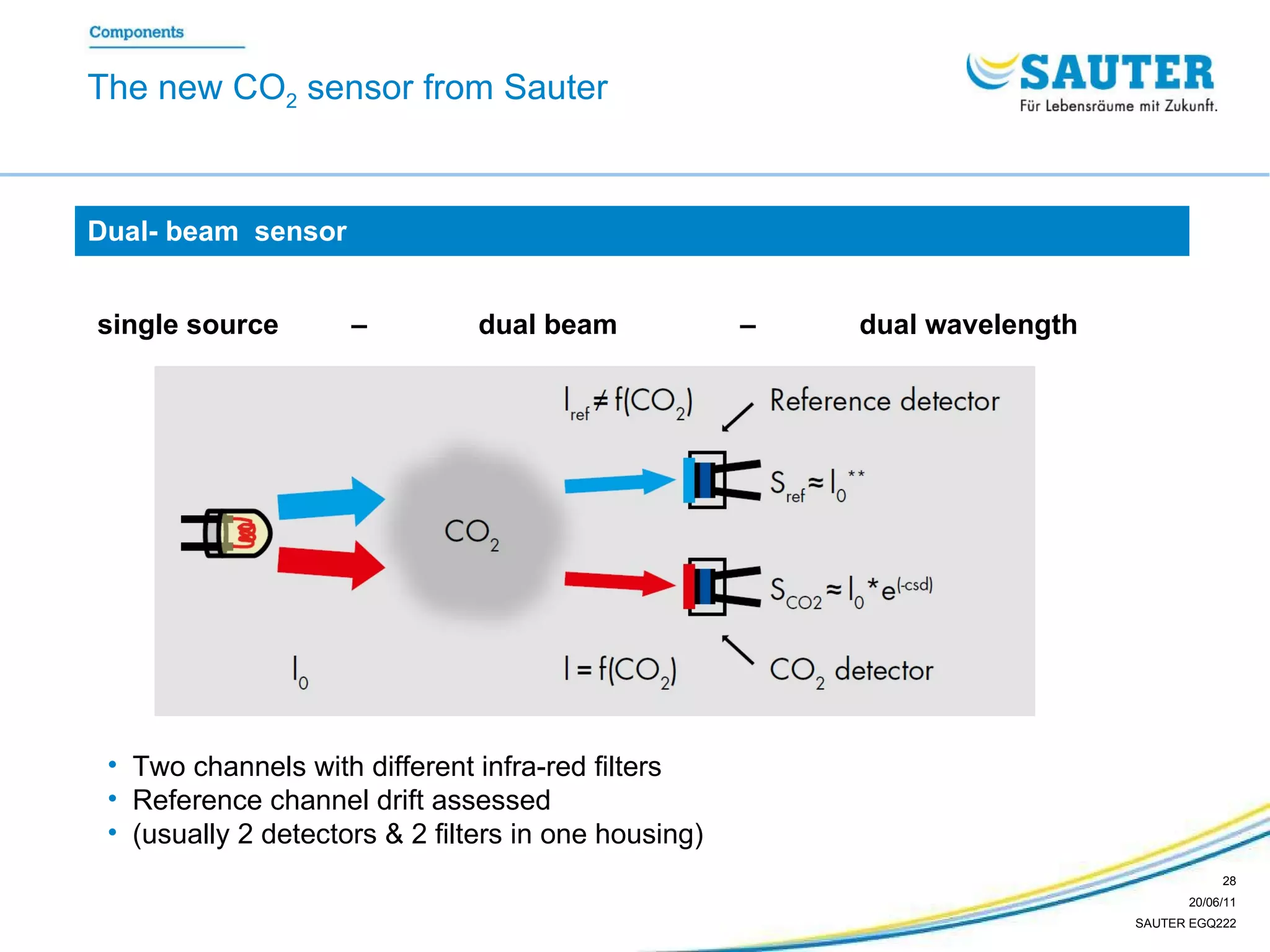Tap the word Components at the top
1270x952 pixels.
136,32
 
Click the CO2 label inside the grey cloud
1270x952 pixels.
471,533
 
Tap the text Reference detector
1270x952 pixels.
884,401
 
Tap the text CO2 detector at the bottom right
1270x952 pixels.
851,671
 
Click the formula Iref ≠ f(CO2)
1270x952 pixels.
628,403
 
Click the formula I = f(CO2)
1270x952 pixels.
620,671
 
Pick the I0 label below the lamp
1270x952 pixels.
300,672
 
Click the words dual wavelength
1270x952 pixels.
968,325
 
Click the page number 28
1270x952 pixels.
1228,881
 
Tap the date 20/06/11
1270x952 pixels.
1212,902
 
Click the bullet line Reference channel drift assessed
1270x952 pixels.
341,800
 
